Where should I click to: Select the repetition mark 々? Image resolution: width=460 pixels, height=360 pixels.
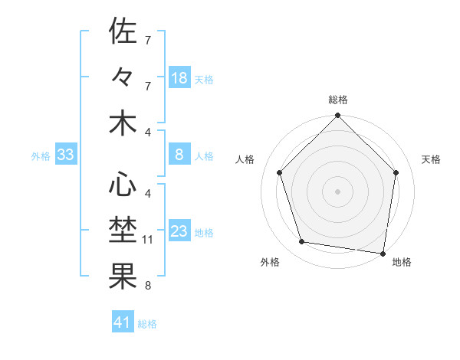pos(123,77)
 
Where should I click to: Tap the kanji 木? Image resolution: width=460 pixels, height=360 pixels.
pos(123,123)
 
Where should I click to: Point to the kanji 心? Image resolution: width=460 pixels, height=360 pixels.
pos(123,185)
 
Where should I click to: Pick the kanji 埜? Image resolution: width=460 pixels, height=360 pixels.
pos(123,231)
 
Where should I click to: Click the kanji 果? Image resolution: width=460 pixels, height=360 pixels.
pos(123,277)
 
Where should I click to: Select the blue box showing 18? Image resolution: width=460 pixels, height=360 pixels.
pos(179,78)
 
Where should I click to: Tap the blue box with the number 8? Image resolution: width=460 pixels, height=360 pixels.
pos(179,155)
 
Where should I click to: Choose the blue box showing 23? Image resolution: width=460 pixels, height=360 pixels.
pos(179,232)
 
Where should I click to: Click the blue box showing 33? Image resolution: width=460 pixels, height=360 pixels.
pos(65,155)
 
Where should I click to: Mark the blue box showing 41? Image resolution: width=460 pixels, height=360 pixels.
pos(123,322)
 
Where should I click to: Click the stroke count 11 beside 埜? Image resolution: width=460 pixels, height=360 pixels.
pos(148,240)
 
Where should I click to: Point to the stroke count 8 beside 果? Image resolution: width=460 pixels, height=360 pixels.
pos(147,286)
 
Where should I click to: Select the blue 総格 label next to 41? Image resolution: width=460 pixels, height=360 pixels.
pos(147,324)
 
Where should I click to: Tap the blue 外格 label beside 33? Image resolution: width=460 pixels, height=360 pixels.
pos(41,156)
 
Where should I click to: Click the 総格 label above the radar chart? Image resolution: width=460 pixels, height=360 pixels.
pos(337,100)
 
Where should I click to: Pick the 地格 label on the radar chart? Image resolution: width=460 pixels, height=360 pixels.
pos(402,262)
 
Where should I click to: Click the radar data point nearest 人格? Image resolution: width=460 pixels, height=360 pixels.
pos(280,172)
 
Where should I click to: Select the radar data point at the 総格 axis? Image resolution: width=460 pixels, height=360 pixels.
pos(337,116)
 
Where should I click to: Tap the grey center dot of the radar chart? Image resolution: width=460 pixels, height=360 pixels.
pos(337,191)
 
